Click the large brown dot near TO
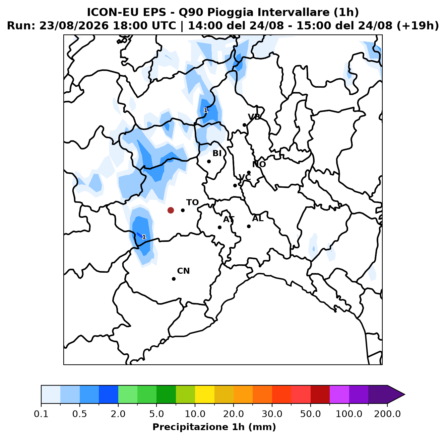[x=171, y=210]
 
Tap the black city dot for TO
[x=183, y=210]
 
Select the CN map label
[x=183, y=271]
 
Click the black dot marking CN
[x=174, y=279]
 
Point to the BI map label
[x=217, y=153]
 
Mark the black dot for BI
[x=209, y=162]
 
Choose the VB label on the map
[x=254, y=117]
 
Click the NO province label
[x=259, y=164]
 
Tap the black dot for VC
[x=235, y=186]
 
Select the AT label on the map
[x=229, y=219]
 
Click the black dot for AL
[x=249, y=227]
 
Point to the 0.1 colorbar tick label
[x=41, y=414]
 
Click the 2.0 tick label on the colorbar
[x=118, y=414]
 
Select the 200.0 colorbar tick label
[x=387, y=414]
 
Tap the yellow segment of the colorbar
[x=205, y=394]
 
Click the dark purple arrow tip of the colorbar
[x=405, y=394]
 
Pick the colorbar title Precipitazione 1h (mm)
[x=214, y=427]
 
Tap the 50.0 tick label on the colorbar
[x=311, y=414]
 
